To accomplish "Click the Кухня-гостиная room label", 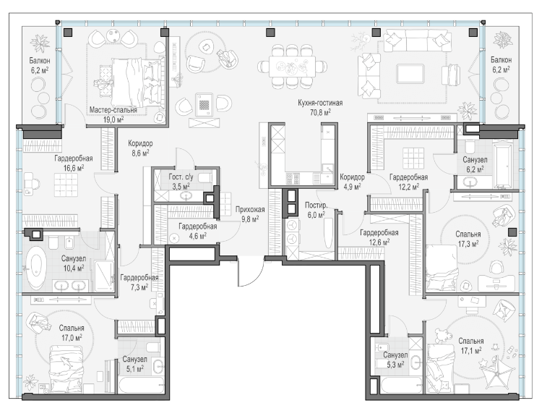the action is coord(320,103).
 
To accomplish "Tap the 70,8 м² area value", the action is coord(320,112).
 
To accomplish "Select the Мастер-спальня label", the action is coord(113,110).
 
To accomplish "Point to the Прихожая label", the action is coord(250,210).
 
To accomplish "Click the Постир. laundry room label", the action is coord(316,205).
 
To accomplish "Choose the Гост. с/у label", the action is coord(181,177).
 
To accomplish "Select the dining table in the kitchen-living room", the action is coord(293,66).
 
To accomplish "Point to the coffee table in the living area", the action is coord(410,74).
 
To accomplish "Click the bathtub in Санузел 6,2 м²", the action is coord(502,166).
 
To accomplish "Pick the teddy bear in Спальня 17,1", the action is coord(441,336).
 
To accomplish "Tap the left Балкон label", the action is coord(40,61).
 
